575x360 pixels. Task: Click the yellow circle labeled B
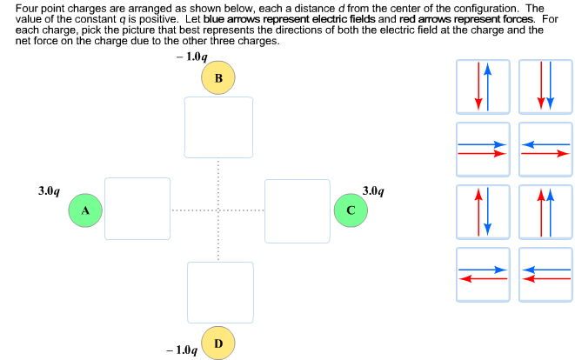(x=217, y=78)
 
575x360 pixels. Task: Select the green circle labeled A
(x=85, y=210)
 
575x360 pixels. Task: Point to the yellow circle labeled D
(x=217, y=343)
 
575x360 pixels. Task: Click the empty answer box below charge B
(x=218, y=127)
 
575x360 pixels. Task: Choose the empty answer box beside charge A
(x=137, y=209)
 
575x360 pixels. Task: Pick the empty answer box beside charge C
(x=298, y=210)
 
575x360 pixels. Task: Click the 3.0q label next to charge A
(x=49, y=190)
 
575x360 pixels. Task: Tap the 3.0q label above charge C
(x=372, y=190)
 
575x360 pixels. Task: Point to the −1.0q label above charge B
(x=191, y=57)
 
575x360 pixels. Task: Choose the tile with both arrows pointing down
(x=545, y=86)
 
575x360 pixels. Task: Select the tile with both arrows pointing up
(x=545, y=211)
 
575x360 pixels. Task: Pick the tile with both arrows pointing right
(x=483, y=149)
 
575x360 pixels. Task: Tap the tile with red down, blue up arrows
(x=483, y=86)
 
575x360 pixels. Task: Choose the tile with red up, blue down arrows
(x=483, y=211)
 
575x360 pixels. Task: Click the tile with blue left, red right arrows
(x=545, y=149)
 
